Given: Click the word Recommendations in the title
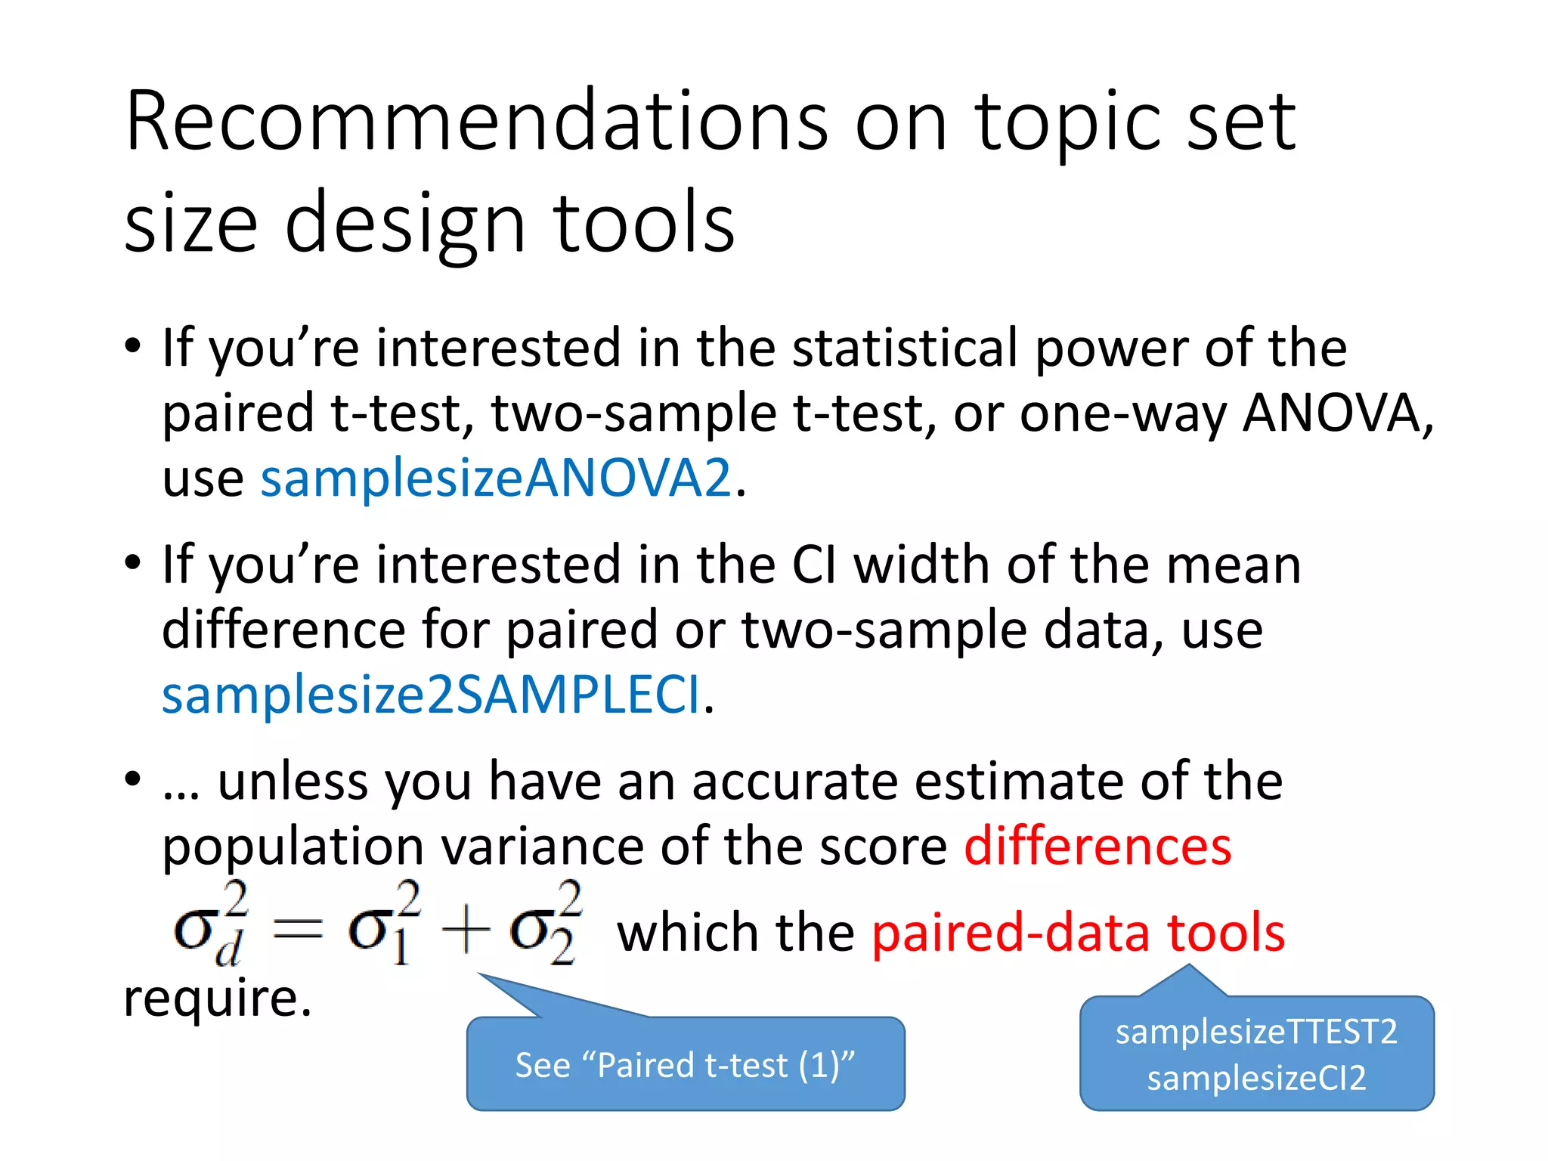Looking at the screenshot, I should point(476,121).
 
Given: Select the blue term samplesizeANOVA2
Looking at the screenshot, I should point(496,478).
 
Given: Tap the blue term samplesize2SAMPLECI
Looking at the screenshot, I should point(431,695).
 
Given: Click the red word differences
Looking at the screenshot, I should point(1098,846).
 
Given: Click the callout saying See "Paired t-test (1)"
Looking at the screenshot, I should point(685,1064).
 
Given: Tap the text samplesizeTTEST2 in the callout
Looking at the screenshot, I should point(1256,1032).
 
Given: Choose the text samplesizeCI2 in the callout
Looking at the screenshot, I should point(1256,1078).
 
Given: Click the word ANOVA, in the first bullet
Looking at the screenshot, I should point(1338,413).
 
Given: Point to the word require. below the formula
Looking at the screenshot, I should point(218,998).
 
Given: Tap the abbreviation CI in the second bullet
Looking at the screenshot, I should point(815,565).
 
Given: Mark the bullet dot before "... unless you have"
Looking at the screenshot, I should point(133,779).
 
